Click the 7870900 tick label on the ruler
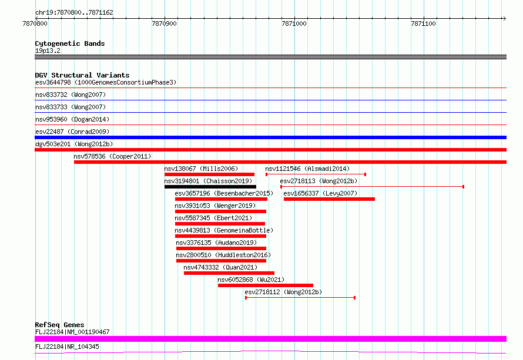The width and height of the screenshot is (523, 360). tap(164, 23)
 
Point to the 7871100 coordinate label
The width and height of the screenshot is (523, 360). tap(423, 23)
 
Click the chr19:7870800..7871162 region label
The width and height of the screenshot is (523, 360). tap(75, 13)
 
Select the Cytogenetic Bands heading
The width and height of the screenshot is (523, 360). tap(70, 43)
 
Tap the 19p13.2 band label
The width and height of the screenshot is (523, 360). tap(48, 51)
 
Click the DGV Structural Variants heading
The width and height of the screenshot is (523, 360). tap(82, 75)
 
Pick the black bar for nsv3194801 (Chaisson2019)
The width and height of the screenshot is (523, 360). tap(210, 187)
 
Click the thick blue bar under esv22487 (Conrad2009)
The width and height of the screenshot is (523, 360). tap(270, 137)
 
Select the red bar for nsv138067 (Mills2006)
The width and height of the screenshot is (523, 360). tap(209, 174)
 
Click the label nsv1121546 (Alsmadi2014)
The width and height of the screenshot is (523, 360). tap(307, 169)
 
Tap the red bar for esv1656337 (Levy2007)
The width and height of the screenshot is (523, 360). tap(329, 199)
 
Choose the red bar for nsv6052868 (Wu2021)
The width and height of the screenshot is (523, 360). tap(266, 285)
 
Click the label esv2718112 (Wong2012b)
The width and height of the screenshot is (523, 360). tap(283, 292)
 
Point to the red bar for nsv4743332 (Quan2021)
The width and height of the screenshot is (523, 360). tap(229, 273)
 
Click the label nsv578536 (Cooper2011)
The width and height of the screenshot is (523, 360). tap(112, 156)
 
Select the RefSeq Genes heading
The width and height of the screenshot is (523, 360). tap(60, 325)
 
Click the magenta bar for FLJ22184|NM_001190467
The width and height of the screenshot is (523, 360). tap(270, 339)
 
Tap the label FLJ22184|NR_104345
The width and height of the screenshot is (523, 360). tap(67, 346)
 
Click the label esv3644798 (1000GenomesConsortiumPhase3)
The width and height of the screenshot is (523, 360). tap(106, 82)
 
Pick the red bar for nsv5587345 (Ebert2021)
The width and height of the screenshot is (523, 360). tap(220, 224)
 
